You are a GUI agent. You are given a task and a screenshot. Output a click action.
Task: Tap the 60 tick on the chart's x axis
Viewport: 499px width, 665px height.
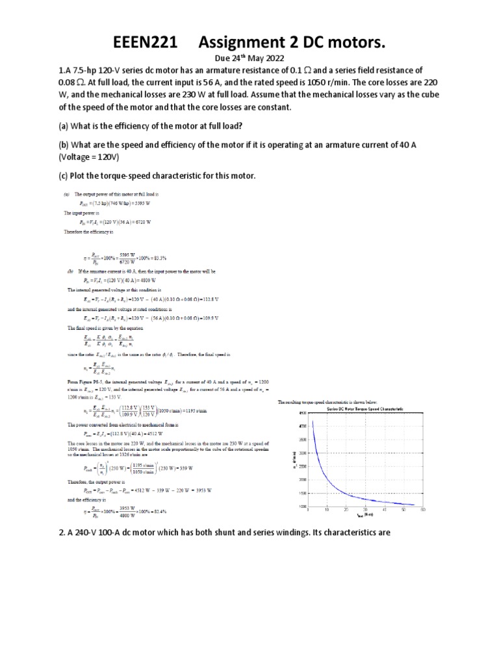tap(422, 510)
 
